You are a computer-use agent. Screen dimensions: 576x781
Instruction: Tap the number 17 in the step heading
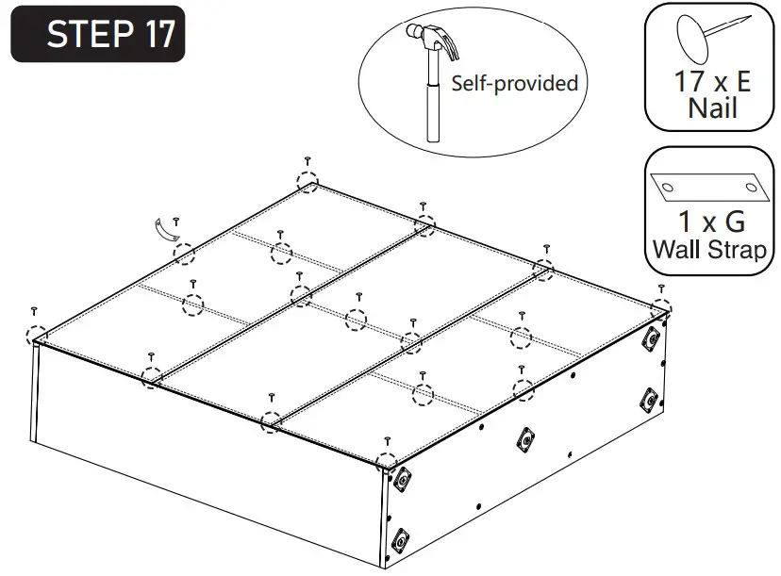[159, 35]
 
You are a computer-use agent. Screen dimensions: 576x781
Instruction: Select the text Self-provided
[514, 83]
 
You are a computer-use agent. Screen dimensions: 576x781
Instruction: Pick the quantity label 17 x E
[712, 81]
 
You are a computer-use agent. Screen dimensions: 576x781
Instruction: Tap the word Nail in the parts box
[712, 108]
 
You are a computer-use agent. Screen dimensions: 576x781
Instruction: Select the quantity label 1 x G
[712, 222]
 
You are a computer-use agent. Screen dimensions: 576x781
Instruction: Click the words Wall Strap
[712, 251]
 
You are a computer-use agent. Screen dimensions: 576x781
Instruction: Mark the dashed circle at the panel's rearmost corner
[307, 182]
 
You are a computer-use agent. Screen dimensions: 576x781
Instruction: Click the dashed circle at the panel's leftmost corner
[37, 335]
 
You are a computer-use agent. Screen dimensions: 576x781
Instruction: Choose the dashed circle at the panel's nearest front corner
[386, 462]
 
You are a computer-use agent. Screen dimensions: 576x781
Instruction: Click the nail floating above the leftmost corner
[35, 310]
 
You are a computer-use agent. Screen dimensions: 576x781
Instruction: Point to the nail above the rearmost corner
[308, 160]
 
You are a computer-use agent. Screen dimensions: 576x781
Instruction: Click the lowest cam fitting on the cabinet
[399, 541]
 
